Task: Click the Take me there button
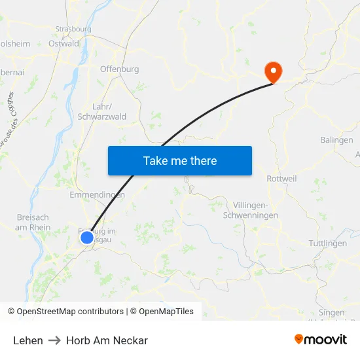179,160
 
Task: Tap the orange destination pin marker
271,71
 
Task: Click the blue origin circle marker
87,238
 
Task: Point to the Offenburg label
119,69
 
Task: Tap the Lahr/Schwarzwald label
102,112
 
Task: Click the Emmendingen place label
97,195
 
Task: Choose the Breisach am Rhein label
33,223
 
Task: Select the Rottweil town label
283,178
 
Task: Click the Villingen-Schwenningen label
251,210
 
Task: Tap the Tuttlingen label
327,243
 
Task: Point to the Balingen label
336,140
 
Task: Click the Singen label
331,312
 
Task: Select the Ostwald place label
63,44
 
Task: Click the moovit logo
321,340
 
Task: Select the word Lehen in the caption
27,340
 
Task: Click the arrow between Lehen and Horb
54,340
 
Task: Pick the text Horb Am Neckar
107,340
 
